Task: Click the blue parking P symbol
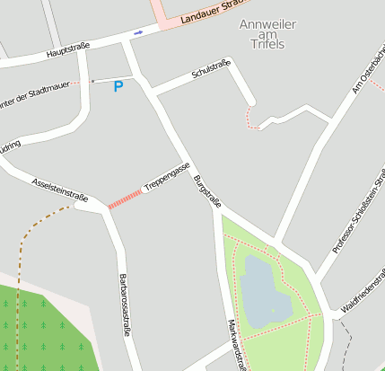118,87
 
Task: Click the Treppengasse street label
167,177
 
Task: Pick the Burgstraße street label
207,190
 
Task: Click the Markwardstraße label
237,345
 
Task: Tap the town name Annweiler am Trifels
267,33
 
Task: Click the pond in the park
262,292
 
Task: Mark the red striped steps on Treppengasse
126,199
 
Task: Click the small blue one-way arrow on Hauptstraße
137,33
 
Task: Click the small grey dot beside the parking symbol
92,81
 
